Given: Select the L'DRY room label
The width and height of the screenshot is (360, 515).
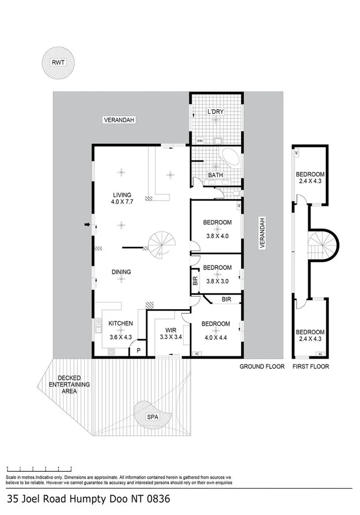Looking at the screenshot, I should pos(215,112).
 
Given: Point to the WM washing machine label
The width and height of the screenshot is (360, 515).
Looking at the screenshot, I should pos(200,140).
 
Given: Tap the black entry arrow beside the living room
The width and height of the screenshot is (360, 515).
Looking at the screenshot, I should pos(86,225).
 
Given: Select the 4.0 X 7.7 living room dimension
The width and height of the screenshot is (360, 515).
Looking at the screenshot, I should pos(121,201).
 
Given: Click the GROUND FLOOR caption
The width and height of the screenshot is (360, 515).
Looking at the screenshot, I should pos(262,367).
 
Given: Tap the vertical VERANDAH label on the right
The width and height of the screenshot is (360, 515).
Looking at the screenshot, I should pos(262,233).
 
